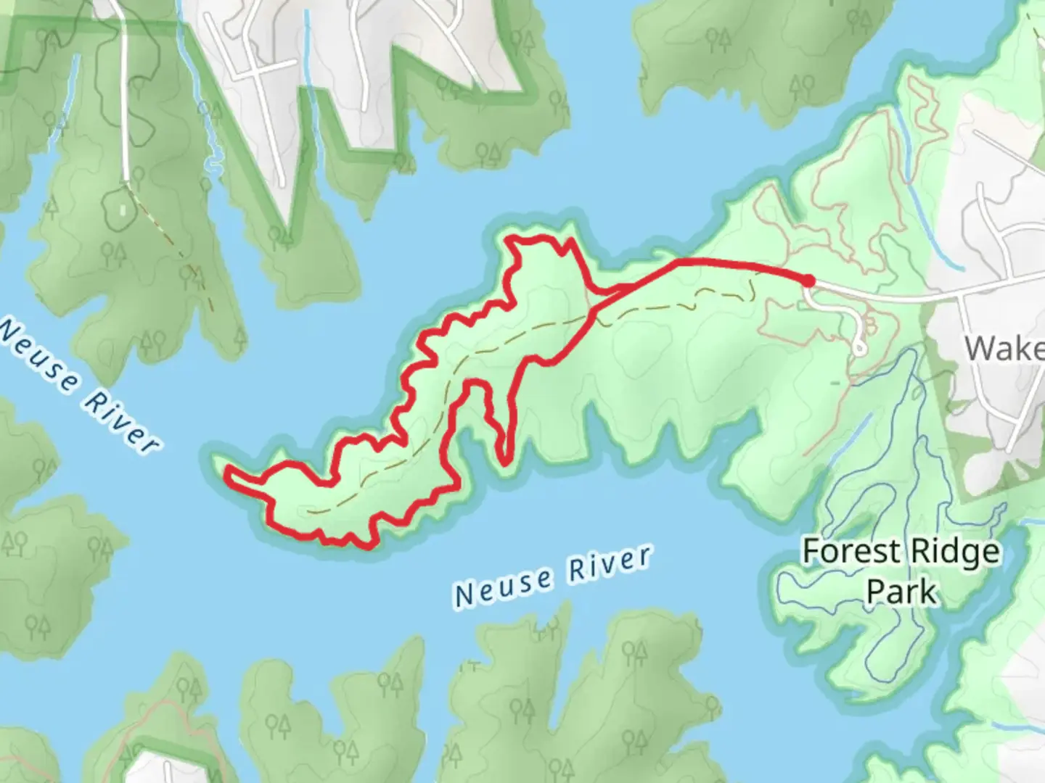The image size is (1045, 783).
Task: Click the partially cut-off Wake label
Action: pos(1005,349)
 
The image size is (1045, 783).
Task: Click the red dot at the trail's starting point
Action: pos(808,281)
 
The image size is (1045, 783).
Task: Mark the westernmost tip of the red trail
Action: pos(228,471)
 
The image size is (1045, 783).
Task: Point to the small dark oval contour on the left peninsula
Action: pos(115,207)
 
